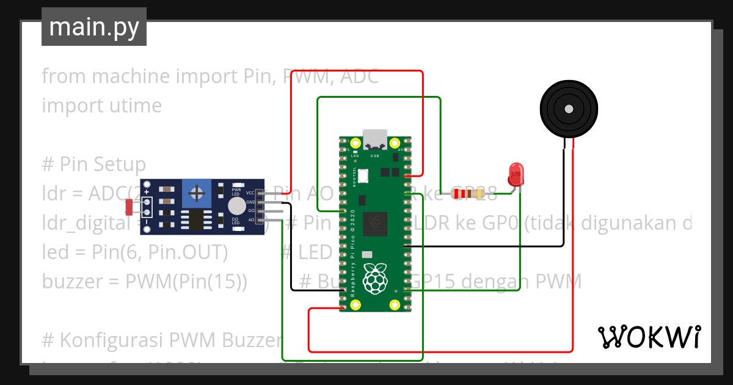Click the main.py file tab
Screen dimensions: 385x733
[93, 28]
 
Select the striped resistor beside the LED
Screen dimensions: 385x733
[466, 194]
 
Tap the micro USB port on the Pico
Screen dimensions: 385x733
[374, 139]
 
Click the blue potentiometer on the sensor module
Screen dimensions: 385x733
[197, 194]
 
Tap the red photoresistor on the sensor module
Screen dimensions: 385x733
[129, 207]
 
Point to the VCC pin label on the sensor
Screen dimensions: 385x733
[250, 193]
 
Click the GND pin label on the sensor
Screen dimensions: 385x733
[250, 202]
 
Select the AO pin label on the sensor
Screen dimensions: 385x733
[250, 219]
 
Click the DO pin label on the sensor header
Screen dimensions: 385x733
[250, 211]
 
